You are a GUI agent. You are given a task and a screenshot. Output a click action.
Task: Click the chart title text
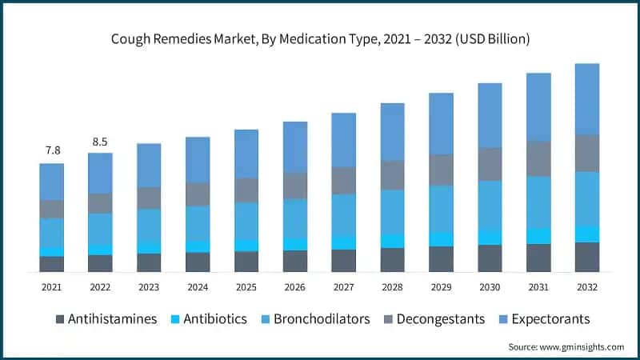tap(319, 38)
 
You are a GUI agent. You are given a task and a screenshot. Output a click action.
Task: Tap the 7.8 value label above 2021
tap(52, 150)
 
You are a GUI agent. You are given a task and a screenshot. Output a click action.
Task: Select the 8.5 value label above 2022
tap(100, 142)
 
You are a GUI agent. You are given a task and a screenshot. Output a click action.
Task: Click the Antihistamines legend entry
tap(106, 318)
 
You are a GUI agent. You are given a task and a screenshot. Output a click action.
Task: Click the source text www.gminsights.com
tap(566, 346)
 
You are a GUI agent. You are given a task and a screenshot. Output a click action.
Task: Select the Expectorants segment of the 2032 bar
tap(586, 98)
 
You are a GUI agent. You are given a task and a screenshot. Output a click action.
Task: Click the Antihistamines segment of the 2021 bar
tap(52, 264)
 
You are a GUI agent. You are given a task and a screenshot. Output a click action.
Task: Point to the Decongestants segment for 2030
tap(490, 164)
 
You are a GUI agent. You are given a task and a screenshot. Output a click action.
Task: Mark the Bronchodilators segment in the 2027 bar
tap(344, 214)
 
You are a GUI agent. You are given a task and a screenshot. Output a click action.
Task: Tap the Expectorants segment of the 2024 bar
tap(198, 159)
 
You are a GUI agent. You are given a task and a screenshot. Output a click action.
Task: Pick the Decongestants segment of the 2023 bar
tap(149, 198)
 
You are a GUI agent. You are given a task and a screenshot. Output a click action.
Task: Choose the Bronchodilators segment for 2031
tap(538, 202)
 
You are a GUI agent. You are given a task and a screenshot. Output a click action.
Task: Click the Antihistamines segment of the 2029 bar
tap(441, 259)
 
